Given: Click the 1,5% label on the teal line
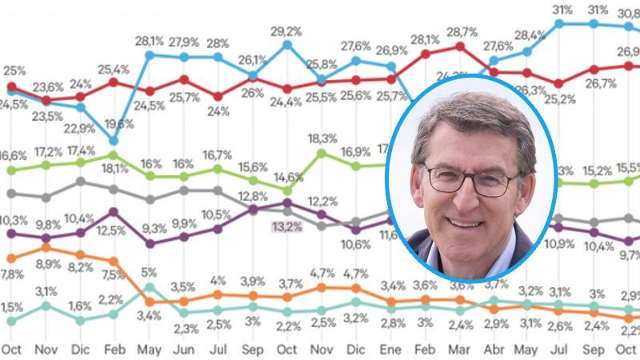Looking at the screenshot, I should point(11,307).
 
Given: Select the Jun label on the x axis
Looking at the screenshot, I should point(183,349).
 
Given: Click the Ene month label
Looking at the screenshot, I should point(390,349).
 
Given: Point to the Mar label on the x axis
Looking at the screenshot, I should point(459,349).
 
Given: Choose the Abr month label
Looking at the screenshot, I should point(494,349).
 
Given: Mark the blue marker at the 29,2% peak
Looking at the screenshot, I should point(287,45).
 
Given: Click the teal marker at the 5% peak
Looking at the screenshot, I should point(150,286).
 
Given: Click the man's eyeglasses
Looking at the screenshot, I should point(471,179).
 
